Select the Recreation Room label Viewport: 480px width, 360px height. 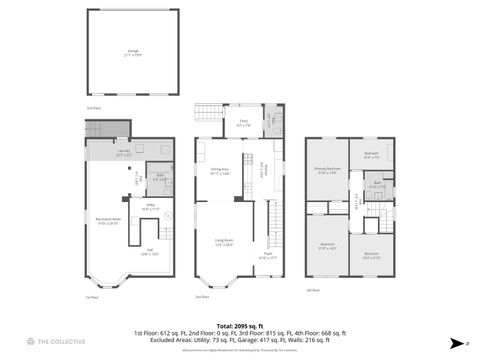pyautogui.click(x=108, y=222)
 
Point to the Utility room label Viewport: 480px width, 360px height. pyautogui.click(x=148, y=208)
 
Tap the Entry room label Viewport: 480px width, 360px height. pyautogui.click(x=243, y=124)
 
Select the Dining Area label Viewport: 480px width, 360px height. pyautogui.click(x=222, y=172)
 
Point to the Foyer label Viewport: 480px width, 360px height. pyautogui.click(x=268, y=254)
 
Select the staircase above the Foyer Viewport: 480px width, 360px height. pyautogui.click(x=269, y=222)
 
